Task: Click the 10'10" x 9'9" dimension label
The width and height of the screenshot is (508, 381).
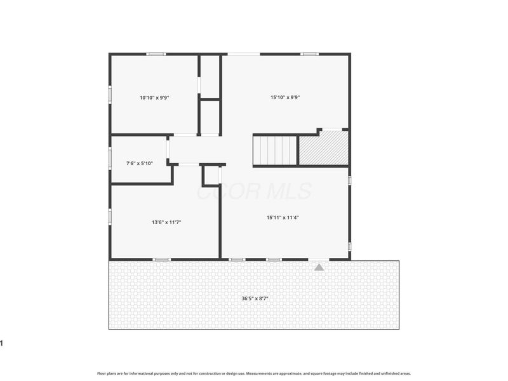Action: pyautogui.click(x=154, y=98)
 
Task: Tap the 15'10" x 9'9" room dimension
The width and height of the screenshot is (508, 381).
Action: pyautogui.click(x=285, y=98)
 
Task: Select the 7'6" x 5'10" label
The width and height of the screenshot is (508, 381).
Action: pyautogui.click(x=140, y=163)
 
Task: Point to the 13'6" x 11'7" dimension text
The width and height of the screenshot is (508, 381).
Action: pyautogui.click(x=167, y=222)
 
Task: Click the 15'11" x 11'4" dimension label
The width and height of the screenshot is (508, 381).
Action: pyautogui.click(x=283, y=217)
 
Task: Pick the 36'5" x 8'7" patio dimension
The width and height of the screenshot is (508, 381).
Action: pyautogui.click(x=254, y=298)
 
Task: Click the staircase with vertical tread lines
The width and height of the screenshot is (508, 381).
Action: pyautogui.click(x=276, y=150)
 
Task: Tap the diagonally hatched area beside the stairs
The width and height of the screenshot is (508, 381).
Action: pyautogui.click(x=324, y=149)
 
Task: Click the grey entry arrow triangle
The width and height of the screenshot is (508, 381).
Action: pyautogui.click(x=319, y=267)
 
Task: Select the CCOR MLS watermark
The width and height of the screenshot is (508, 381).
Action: pyautogui.click(x=254, y=191)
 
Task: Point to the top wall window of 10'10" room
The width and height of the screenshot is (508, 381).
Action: pyautogui.click(x=156, y=54)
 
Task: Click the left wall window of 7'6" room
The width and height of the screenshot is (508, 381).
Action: pyautogui.click(x=110, y=156)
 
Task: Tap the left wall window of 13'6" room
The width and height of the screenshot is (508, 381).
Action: pyautogui.click(x=110, y=217)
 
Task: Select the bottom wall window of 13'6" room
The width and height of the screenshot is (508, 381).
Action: pyautogui.click(x=161, y=259)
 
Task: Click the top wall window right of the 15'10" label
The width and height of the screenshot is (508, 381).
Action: pyautogui.click(x=310, y=54)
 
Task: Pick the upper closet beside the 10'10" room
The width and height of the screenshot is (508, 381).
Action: pyautogui.click(x=210, y=76)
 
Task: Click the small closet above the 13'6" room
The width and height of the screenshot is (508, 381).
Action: pyautogui.click(x=211, y=175)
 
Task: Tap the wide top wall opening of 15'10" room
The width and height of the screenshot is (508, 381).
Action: pyautogui.click(x=244, y=54)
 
